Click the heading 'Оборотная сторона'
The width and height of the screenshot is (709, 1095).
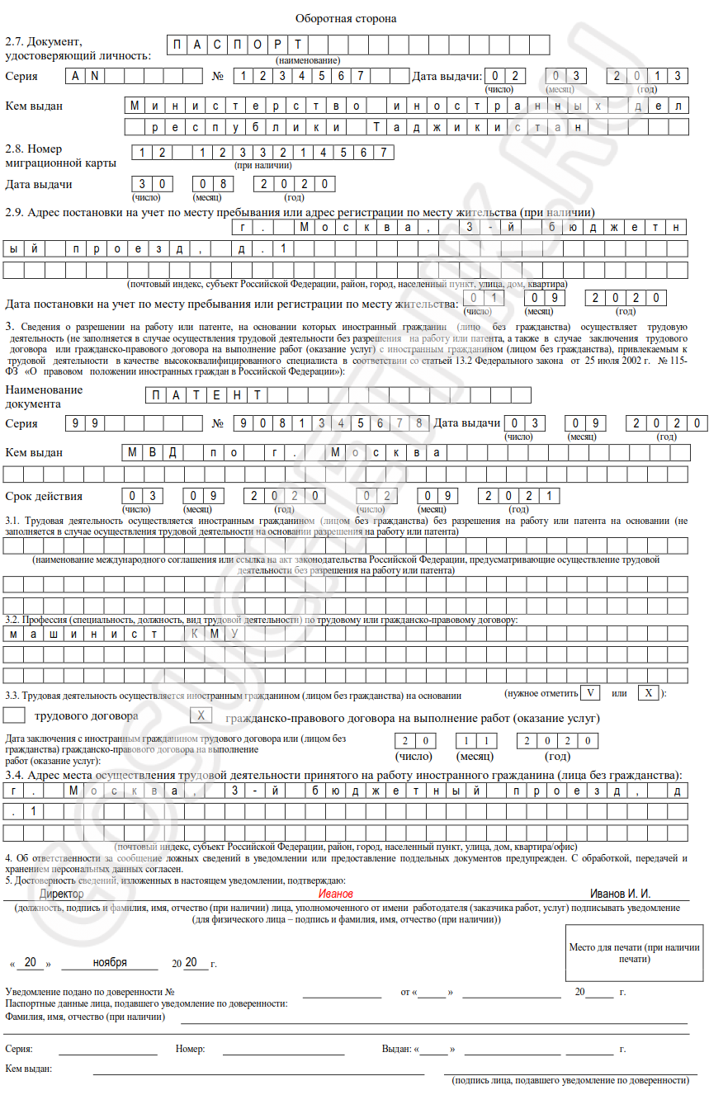tap(346, 18)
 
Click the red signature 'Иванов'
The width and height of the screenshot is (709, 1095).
tap(336, 894)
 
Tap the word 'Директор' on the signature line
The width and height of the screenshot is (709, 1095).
tap(62, 894)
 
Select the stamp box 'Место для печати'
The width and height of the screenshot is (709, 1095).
tap(635, 953)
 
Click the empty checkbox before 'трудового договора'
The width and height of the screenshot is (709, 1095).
tap(16, 715)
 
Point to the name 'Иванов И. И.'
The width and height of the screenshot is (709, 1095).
tap(620, 894)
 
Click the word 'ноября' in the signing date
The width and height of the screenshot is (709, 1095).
tap(110, 963)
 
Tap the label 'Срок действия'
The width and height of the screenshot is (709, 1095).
tap(44, 496)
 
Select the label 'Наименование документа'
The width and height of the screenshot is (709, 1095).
tap(44, 396)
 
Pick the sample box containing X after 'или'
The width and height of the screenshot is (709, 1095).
tap(649, 692)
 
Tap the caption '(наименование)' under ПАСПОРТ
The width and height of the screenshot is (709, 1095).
tap(308, 60)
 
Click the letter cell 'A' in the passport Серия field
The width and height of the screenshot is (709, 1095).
tap(75, 76)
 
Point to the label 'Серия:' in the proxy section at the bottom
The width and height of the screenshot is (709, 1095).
tap(19, 1049)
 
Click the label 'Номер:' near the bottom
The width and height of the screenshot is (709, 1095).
tap(190, 1049)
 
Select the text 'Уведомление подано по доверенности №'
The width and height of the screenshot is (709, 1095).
tap(90, 992)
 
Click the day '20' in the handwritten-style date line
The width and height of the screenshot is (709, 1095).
tap(31, 963)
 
